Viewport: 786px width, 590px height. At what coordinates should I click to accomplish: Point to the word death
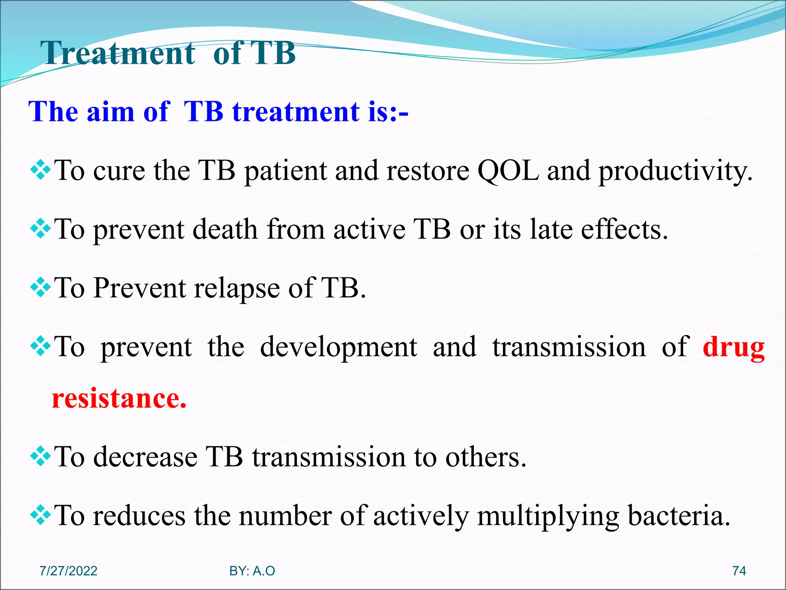225,229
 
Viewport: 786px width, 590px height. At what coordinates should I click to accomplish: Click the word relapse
237,288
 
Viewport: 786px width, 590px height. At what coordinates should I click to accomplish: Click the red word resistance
119,399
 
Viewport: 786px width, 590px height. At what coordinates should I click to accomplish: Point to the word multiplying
548,516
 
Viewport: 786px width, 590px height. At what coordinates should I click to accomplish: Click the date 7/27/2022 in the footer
68,571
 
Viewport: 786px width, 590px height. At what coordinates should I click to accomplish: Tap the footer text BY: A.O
252,571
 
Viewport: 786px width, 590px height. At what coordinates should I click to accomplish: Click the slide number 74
739,571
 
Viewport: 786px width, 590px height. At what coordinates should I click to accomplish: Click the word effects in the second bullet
624,229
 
